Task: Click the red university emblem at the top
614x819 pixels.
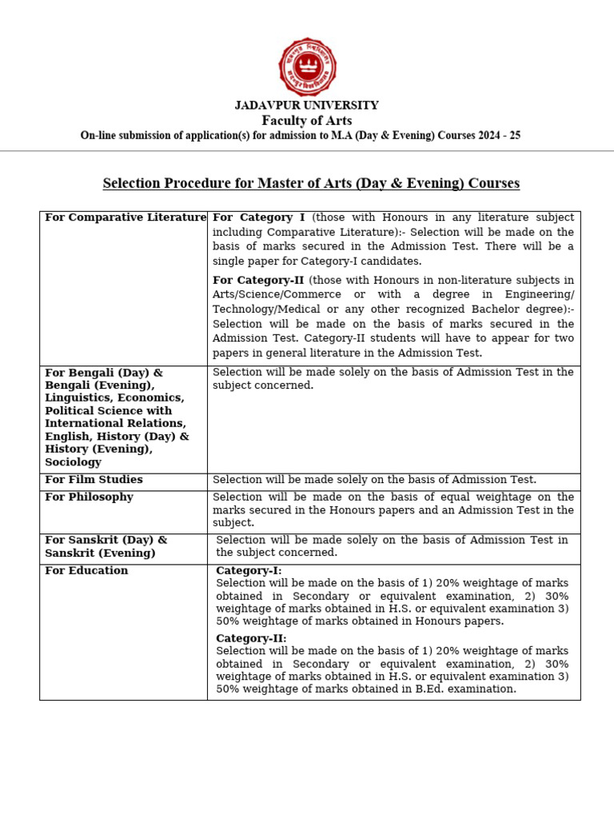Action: coord(307,67)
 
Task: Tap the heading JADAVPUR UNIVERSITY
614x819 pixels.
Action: coord(307,106)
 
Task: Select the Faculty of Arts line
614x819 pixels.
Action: coord(307,121)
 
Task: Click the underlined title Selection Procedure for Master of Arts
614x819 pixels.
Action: coord(311,183)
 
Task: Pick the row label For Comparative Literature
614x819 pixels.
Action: coord(126,218)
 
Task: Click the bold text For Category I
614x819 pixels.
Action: coord(258,218)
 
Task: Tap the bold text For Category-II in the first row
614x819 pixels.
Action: coord(257,281)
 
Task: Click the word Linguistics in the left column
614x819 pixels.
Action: coord(74,398)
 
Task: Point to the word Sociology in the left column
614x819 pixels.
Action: coord(73,462)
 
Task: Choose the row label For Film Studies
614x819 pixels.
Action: coord(94,480)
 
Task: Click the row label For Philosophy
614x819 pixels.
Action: coord(89,497)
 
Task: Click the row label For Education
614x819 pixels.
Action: coord(86,571)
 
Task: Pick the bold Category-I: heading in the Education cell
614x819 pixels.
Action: coord(249,571)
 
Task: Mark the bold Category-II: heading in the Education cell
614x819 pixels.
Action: coord(251,638)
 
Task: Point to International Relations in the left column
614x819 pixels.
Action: coord(115,424)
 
